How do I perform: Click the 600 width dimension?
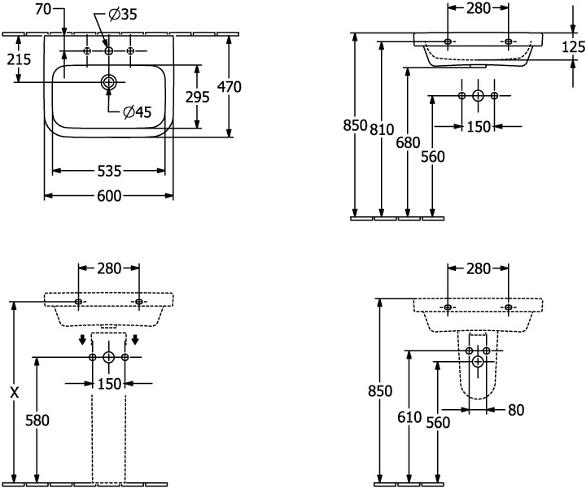click(x=110, y=196)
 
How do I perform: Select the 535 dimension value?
click(x=110, y=171)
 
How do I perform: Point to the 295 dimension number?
click(x=198, y=97)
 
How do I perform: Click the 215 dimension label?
click(x=18, y=59)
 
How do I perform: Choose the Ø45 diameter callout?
click(x=138, y=113)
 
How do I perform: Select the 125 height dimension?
click(x=573, y=46)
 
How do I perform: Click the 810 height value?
click(x=383, y=128)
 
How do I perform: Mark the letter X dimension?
click(x=14, y=392)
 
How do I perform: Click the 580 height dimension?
click(x=37, y=420)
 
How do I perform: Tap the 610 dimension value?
click(x=409, y=417)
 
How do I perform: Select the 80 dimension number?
click(x=517, y=411)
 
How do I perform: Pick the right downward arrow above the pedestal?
click(x=135, y=339)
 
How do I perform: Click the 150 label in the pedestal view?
click(x=109, y=383)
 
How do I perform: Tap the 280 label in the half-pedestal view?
click(x=479, y=268)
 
